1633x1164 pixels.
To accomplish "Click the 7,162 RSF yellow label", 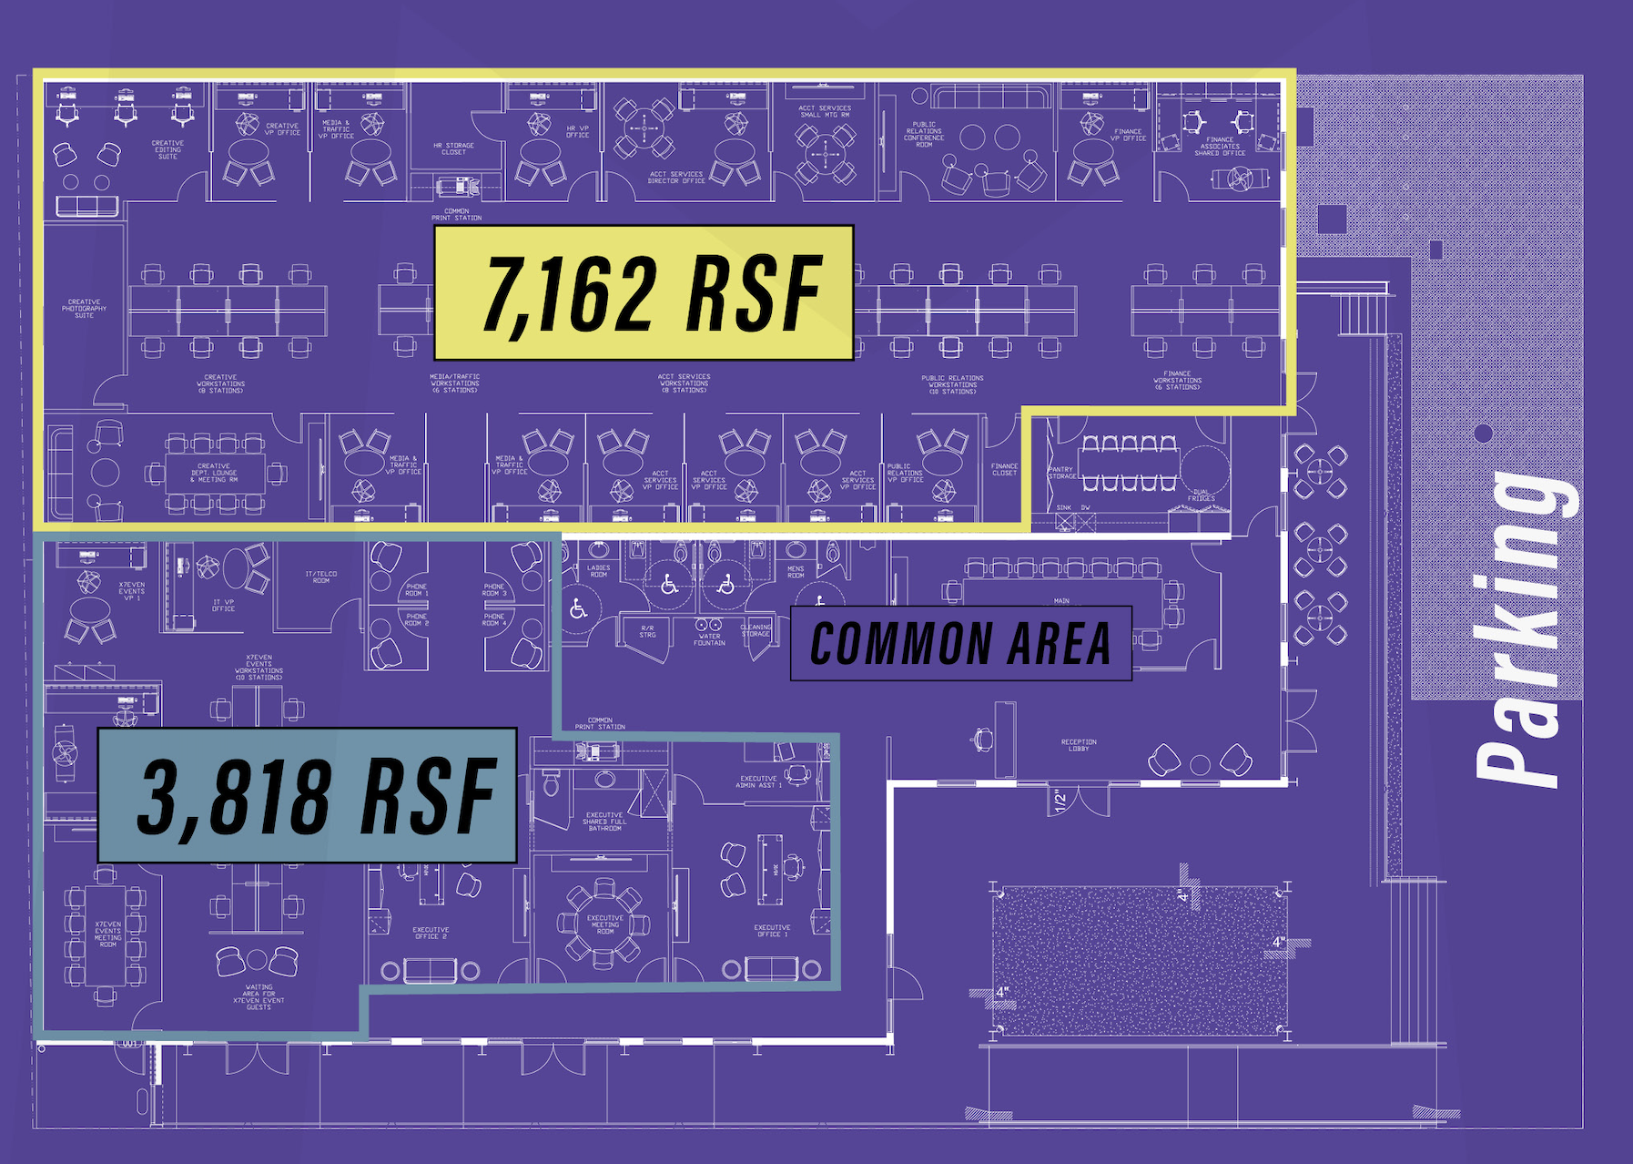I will [x=644, y=292].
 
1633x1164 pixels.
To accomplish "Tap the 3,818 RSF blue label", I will [x=308, y=796].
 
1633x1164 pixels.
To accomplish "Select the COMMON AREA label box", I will [x=960, y=643].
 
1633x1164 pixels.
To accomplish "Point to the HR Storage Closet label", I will [x=453, y=148].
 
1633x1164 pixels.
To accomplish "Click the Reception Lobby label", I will [x=1079, y=745].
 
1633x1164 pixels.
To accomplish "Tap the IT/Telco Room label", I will [x=321, y=577].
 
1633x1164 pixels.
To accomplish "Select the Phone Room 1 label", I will [x=417, y=590].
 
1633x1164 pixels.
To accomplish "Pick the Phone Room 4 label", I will [x=494, y=619].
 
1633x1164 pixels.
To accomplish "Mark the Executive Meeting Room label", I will [x=605, y=924].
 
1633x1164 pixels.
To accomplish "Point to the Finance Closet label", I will [x=1004, y=469].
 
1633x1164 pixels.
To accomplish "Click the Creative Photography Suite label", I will [x=84, y=309].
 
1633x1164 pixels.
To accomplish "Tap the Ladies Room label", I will [x=598, y=571].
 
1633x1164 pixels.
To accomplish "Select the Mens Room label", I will [x=796, y=572].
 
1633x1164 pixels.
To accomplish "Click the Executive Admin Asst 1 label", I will [x=758, y=781].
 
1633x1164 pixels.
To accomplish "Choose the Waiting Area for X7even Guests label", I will [x=259, y=996].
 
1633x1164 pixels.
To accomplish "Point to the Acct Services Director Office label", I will [x=676, y=178].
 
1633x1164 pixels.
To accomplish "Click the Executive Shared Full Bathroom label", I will [x=604, y=822].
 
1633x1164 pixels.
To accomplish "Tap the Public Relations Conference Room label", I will [x=924, y=135].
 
